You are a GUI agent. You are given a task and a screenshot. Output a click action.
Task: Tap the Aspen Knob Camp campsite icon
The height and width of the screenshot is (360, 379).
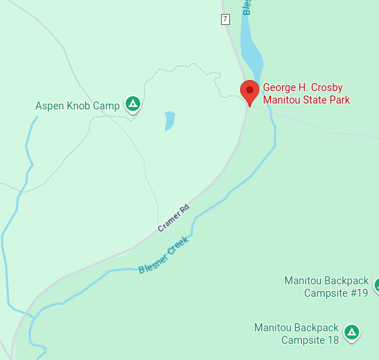[x=132, y=104]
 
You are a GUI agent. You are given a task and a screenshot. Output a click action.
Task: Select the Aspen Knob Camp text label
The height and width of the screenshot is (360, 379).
[x=77, y=107]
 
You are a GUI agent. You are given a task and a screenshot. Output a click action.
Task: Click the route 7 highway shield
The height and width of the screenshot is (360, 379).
[x=225, y=19]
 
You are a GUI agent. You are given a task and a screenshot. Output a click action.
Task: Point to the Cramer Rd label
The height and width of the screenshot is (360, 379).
[x=173, y=218]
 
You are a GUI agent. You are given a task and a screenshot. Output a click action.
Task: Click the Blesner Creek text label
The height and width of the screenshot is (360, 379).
[x=164, y=255]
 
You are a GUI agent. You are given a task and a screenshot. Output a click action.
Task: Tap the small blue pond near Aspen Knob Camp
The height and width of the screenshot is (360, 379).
[x=170, y=120]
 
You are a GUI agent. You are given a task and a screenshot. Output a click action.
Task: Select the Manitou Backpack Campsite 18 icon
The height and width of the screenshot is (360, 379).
[x=353, y=333]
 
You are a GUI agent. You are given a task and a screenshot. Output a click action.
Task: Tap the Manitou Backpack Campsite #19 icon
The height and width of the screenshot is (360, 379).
[x=376, y=284]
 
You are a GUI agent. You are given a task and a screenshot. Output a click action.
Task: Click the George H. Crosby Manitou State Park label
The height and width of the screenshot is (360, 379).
[x=306, y=93]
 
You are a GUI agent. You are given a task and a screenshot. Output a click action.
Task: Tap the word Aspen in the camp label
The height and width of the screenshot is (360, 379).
[x=49, y=107]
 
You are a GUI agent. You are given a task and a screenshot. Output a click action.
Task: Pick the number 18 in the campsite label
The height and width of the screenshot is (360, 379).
[x=331, y=340]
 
